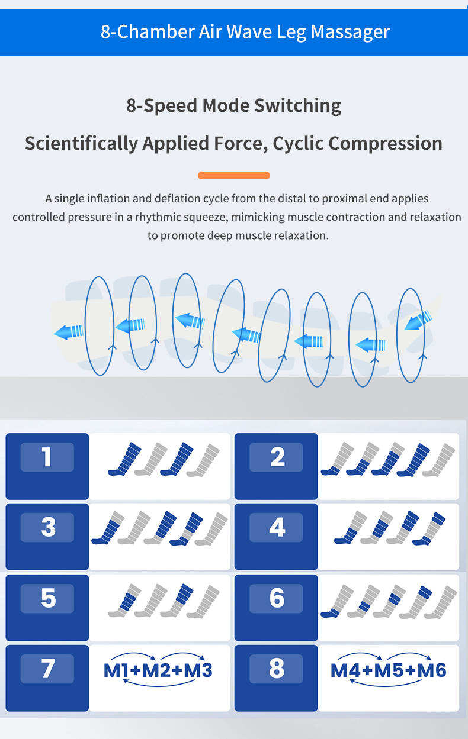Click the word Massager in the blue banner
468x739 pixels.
pos(350,32)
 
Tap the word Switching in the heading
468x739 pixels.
pos(297,106)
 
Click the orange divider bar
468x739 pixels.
pos(234,175)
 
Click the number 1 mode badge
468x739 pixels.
pos(47,457)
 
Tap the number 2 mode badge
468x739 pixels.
pos(276,457)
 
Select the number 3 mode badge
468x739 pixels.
pos(47,527)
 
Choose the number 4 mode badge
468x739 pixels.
pos(276,527)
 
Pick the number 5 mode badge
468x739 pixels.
pos(47,598)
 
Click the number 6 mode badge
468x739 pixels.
pos(276,598)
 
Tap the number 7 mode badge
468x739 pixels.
pos(47,669)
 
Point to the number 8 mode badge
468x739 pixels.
pos(276,669)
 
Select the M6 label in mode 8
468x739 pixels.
pos(432,670)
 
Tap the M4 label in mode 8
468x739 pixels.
pos(345,670)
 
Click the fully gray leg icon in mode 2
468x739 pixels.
pos(439,460)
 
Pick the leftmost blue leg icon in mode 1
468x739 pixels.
pos(124,459)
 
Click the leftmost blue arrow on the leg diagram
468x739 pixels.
pos(69,331)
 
